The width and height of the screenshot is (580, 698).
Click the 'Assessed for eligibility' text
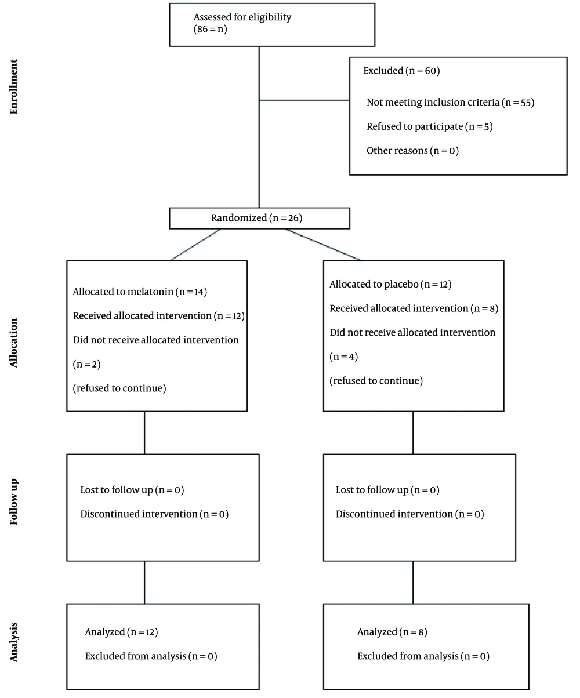[x=242, y=17]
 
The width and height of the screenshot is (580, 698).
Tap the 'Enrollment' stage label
[x=13, y=87]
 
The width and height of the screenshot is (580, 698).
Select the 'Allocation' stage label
[x=13, y=343]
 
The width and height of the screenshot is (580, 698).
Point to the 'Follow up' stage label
[x=13, y=501]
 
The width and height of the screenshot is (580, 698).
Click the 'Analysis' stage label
[x=13, y=642]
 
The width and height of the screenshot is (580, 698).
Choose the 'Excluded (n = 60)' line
[x=401, y=71]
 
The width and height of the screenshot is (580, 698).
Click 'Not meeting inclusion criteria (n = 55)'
[x=450, y=102]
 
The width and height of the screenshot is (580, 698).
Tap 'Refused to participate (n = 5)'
[x=429, y=127]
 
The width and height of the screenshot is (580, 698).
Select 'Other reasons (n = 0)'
[x=412, y=151]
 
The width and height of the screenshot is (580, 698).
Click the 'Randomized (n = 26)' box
[x=260, y=219]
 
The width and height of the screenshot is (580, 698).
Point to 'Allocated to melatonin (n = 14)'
[x=140, y=292]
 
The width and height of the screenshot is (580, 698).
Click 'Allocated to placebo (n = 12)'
[x=390, y=285]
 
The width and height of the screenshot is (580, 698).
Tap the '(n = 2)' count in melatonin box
[x=86, y=364]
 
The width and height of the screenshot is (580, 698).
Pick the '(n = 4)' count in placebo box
[x=343, y=357]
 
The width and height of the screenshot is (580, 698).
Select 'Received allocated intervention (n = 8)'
[x=414, y=308]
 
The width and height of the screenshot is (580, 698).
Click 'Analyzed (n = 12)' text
[x=121, y=632]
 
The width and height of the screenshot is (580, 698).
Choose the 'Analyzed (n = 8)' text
[x=392, y=632]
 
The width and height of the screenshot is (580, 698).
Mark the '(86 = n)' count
[x=210, y=30]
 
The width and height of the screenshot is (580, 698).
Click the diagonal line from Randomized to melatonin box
[x=195, y=245]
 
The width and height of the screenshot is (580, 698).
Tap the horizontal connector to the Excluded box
[x=304, y=100]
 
